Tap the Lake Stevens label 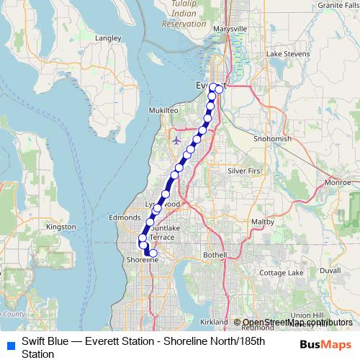[283, 54]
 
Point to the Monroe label [337, 183]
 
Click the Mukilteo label [163, 110]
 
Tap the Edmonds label [123, 217]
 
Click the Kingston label [60, 227]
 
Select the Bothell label [215, 255]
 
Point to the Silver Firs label [245, 171]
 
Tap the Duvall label [330, 270]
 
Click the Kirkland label [214, 321]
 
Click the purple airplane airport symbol [178, 139]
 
